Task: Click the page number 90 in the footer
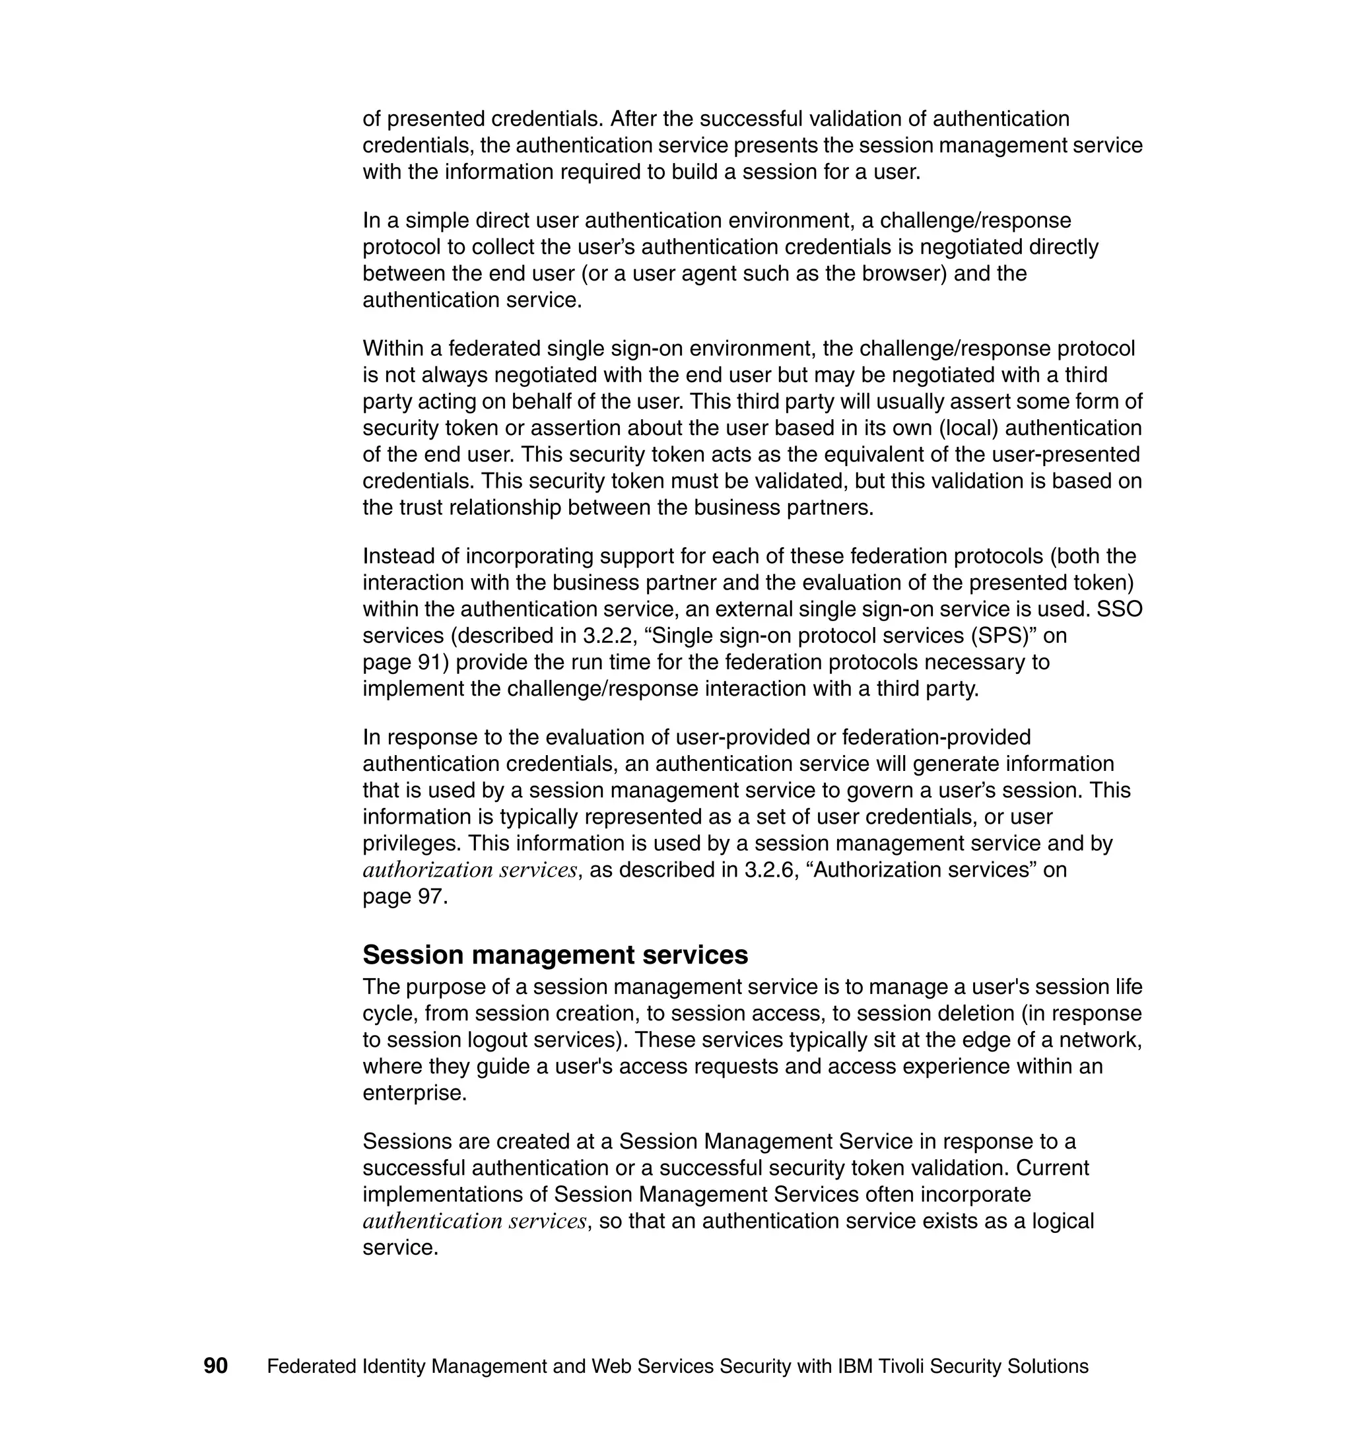coord(215,1366)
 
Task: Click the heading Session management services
coord(555,954)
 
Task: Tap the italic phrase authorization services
coord(470,871)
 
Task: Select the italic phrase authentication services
coord(474,1221)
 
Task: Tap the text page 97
coord(405,897)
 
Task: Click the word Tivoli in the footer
coord(902,1366)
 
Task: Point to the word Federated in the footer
coord(312,1366)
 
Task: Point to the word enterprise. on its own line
coord(415,1093)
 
